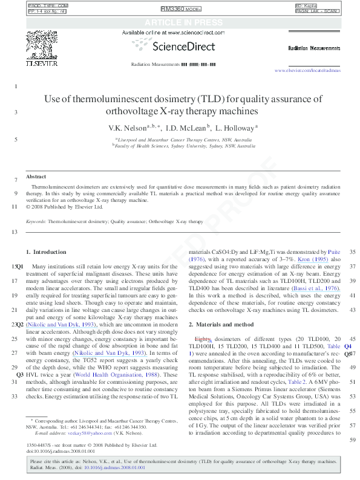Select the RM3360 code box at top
(180, 10)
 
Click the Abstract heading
(36, 177)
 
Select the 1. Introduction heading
(46, 251)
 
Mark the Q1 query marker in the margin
(20, 266)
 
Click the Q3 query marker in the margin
(20, 375)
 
